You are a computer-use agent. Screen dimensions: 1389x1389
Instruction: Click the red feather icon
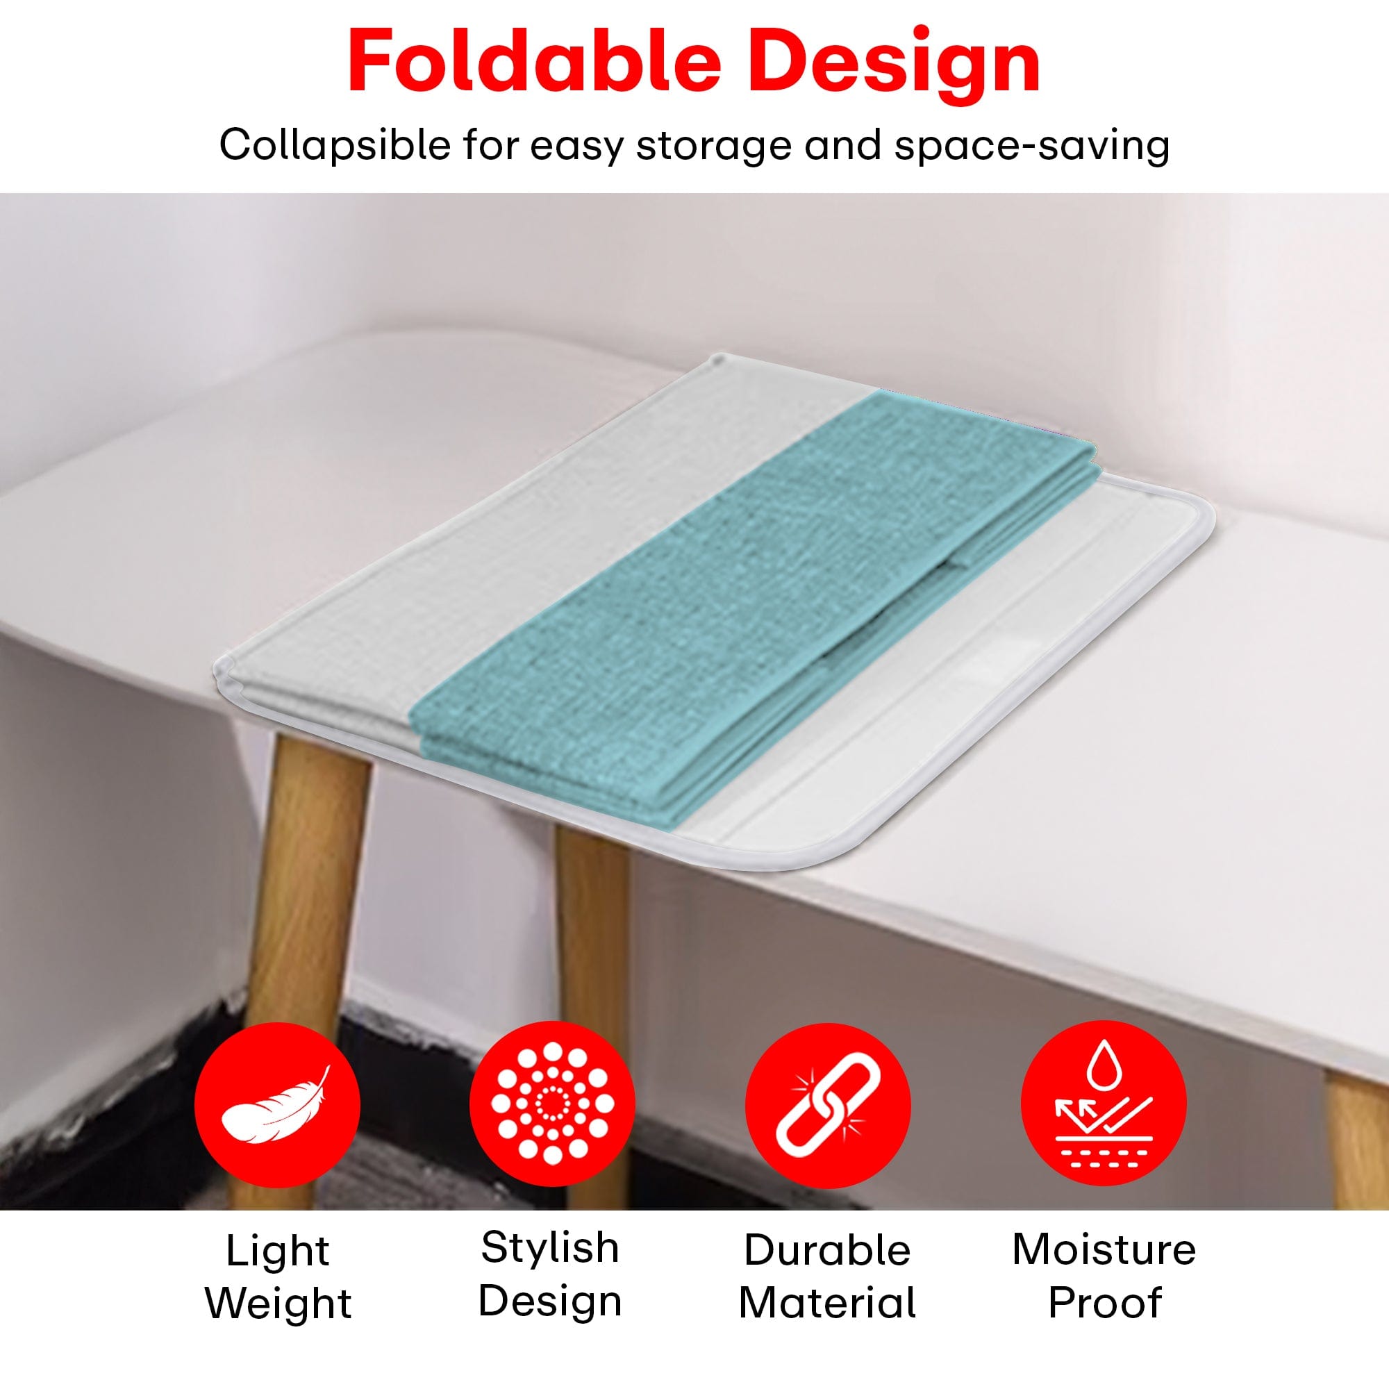coord(277,1104)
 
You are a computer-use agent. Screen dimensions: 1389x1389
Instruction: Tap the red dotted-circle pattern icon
coord(552,1104)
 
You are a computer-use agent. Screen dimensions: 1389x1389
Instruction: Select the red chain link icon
coord(828,1104)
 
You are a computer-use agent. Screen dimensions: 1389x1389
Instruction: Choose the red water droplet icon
coord(1104,1104)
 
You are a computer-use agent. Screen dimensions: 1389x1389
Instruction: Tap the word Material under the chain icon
coord(828,1301)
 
